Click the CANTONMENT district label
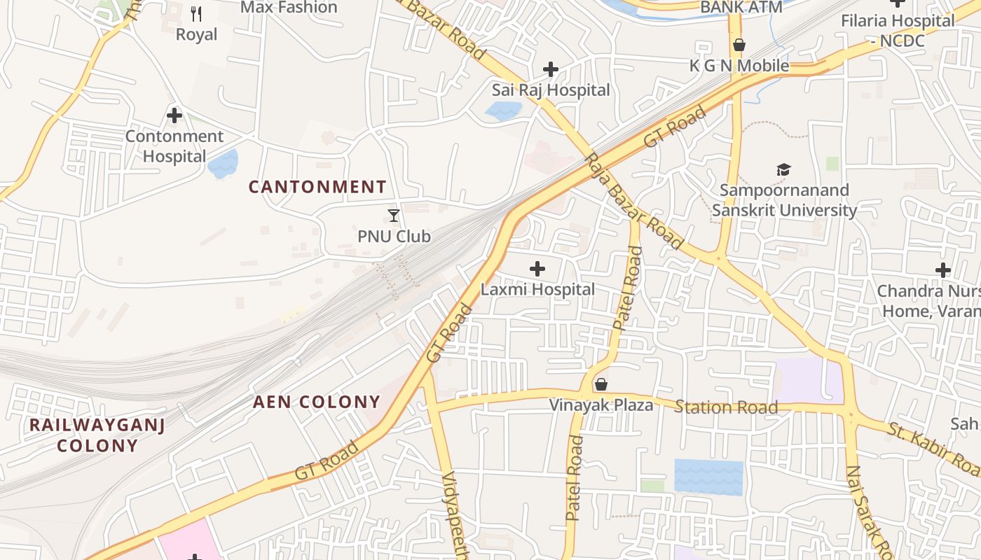317,187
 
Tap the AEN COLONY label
316,402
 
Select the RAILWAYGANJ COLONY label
97,435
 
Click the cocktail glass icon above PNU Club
394,216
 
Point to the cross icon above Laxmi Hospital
537,269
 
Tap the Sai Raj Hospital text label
551,90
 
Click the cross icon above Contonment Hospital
174,115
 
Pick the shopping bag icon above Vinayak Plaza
601,384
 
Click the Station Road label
726,407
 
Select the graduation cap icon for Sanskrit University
783,169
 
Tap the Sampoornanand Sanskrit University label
784,200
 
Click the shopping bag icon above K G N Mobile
739,45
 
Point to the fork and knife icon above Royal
196,13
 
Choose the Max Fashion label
289,8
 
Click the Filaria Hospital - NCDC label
898,31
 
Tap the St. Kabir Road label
933,448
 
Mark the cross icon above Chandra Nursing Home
943,270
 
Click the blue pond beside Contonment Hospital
224,164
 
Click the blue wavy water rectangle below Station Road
708,477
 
